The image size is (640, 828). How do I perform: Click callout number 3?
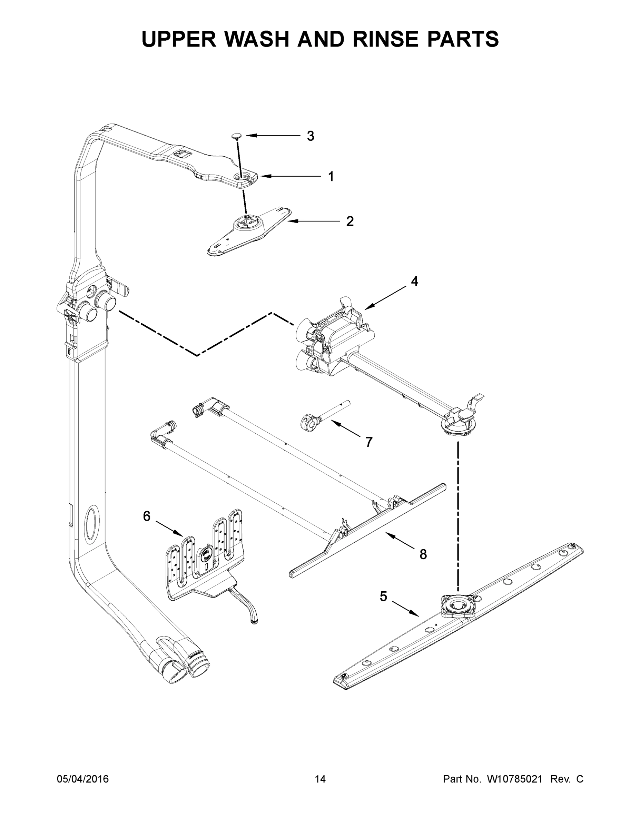coord(311,136)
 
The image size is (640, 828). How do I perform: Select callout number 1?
coord(331,177)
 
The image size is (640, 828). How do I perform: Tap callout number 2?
coord(349,221)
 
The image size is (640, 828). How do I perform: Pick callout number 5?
coord(383,597)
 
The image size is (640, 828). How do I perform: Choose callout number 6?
coord(147,516)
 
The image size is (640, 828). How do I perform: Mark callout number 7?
coord(368,442)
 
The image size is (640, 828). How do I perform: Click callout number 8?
coord(423,554)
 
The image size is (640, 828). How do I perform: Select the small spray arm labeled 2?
coord(248,231)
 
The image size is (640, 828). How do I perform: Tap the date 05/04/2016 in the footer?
coord(83,779)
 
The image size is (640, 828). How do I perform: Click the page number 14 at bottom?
coord(320,779)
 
